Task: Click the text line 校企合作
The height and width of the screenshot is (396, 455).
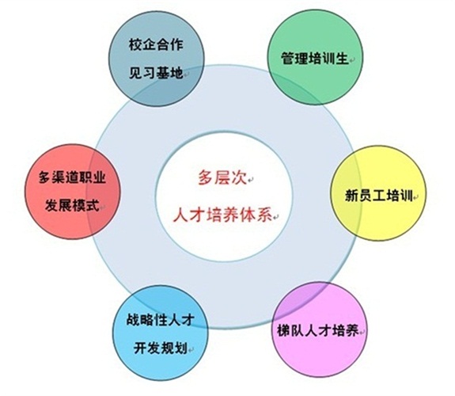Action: (156, 45)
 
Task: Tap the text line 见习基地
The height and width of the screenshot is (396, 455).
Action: (156, 73)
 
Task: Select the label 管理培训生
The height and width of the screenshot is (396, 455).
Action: (315, 58)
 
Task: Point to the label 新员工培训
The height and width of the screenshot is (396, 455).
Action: (378, 196)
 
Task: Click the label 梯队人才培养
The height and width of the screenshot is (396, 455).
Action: (318, 330)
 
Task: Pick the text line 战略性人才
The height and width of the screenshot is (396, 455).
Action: (160, 320)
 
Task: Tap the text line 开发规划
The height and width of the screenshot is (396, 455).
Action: (160, 348)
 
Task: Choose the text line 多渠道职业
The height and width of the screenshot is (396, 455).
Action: (72, 177)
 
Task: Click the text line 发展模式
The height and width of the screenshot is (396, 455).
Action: (72, 205)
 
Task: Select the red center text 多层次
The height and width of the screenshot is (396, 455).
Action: (222, 177)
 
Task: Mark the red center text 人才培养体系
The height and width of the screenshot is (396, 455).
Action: (222, 215)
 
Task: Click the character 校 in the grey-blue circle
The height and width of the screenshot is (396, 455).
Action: (135, 45)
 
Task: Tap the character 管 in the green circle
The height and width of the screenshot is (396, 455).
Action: (287, 58)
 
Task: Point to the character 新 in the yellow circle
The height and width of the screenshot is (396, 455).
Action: (351, 196)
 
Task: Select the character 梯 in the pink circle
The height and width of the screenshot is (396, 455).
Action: (284, 330)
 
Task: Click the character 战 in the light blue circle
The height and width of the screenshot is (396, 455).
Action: (133, 320)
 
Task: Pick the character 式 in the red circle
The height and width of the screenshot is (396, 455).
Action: (93, 205)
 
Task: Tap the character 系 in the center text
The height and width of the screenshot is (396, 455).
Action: (264, 215)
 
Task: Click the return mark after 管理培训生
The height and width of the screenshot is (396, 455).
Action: (351, 60)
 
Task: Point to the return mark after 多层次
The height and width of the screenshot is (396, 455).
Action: (250, 180)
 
